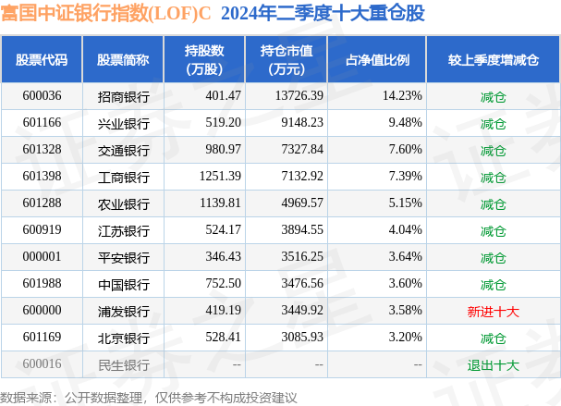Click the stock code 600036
pos(42,96)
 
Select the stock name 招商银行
pos(123,96)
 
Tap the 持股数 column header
pos(203,60)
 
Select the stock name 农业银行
pos(123,203)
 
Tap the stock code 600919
pos(42,230)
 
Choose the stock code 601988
pos(42,284)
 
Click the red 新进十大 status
pos(493,312)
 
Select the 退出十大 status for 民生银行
pos(493,365)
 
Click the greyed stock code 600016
pos(42,365)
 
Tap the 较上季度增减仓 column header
pos(493,60)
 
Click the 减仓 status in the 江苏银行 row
pos(493,230)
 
